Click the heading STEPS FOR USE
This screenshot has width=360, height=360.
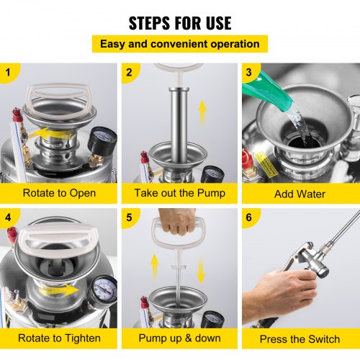(x=179, y=22)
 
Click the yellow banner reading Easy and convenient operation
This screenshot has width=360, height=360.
(x=179, y=44)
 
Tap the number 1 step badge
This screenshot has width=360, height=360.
(x=9, y=72)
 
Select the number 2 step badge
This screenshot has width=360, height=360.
(x=130, y=72)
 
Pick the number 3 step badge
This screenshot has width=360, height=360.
(x=250, y=72)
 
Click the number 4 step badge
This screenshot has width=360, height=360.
(x=9, y=217)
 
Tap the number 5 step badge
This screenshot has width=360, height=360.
(x=130, y=217)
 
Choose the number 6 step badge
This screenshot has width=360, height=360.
(x=250, y=217)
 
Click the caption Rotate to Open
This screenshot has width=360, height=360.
(x=59, y=193)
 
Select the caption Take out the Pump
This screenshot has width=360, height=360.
(x=179, y=193)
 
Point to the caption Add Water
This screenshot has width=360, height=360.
(x=300, y=193)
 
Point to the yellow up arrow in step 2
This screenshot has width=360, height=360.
(x=202, y=112)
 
